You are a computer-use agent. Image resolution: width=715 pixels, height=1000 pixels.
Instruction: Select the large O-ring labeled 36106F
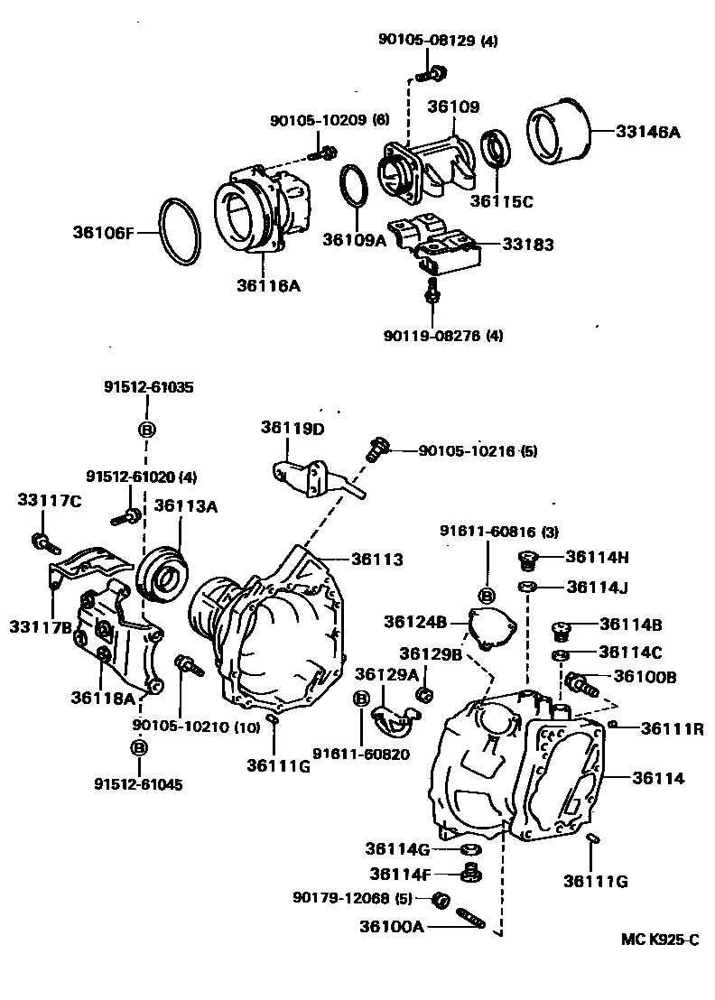pos(181,231)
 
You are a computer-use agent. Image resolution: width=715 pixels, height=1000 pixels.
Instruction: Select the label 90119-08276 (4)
pos(442,336)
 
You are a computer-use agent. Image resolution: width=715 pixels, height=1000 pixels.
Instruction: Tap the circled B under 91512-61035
pos(146,429)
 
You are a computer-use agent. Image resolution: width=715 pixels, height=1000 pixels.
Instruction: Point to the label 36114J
pos(598,587)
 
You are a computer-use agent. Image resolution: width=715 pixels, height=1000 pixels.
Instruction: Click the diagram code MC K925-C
pos(659,939)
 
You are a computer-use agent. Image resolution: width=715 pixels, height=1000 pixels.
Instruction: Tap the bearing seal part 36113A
pos(165,571)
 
